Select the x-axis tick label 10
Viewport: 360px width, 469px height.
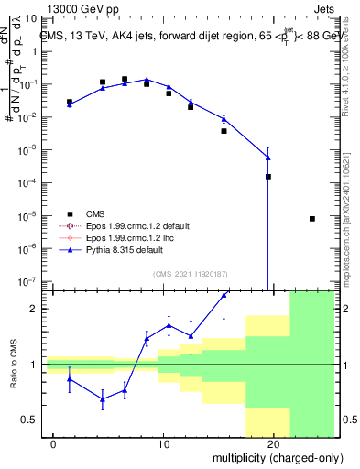[x=163, y=442]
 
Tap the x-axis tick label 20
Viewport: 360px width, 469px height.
[x=272, y=442]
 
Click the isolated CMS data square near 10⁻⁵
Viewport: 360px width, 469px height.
[x=312, y=219]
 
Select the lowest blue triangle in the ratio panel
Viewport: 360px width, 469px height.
[x=103, y=398]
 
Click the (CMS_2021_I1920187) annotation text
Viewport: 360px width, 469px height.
[x=191, y=273]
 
